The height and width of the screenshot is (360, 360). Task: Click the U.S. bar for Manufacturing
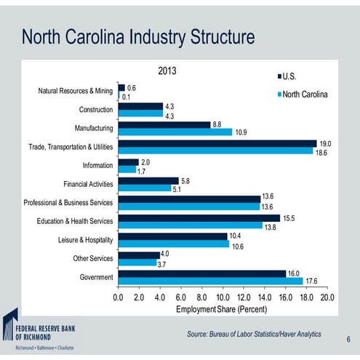pos(164,124)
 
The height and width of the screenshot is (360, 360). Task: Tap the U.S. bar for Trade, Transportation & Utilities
pos(217,143)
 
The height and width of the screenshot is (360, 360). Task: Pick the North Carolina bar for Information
pos(127,169)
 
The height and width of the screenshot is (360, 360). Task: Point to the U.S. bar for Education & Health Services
pos(199,217)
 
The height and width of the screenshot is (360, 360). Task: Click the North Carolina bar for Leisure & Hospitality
pos(173,244)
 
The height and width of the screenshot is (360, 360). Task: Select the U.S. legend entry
pos(292,76)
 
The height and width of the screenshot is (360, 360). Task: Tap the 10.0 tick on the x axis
pos(223,297)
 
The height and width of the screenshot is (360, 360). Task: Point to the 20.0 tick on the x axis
pos(327,297)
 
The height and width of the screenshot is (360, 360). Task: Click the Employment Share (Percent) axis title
pos(223,310)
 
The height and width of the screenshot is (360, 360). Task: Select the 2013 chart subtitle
pos(167,71)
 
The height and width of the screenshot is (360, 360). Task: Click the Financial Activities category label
pos(88,184)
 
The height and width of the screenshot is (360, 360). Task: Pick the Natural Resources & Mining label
pos(76,92)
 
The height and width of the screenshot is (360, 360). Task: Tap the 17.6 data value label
pos(311,281)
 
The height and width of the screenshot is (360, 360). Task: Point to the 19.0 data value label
pos(326,143)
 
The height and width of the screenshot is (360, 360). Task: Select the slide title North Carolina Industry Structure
pos(137,36)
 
